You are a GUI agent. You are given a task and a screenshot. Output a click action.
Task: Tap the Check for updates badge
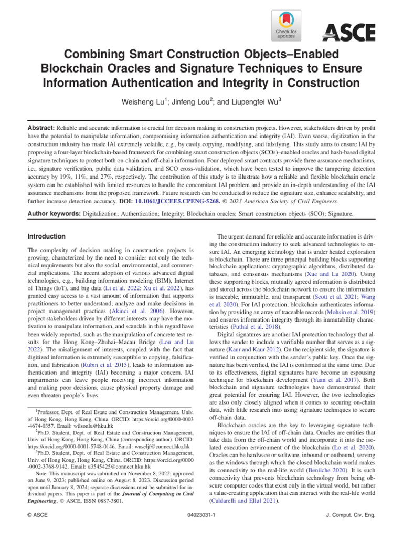click(286, 26)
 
